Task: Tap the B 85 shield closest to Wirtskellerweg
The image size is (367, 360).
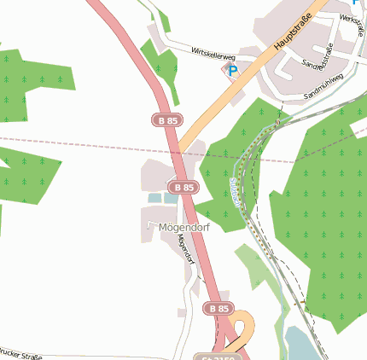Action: (x=168, y=120)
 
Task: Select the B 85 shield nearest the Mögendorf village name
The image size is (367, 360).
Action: (x=183, y=187)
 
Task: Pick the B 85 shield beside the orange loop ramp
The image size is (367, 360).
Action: (x=218, y=307)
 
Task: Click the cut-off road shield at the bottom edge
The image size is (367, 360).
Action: (x=214, y=356)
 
